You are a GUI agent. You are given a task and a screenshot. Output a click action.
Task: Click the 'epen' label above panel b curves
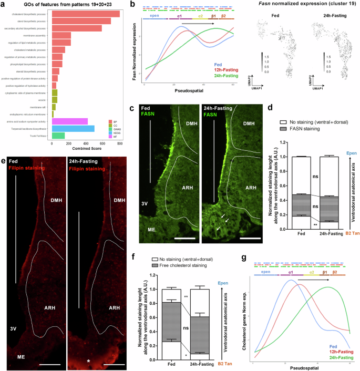pyautogui.click(x=155, y=16)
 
